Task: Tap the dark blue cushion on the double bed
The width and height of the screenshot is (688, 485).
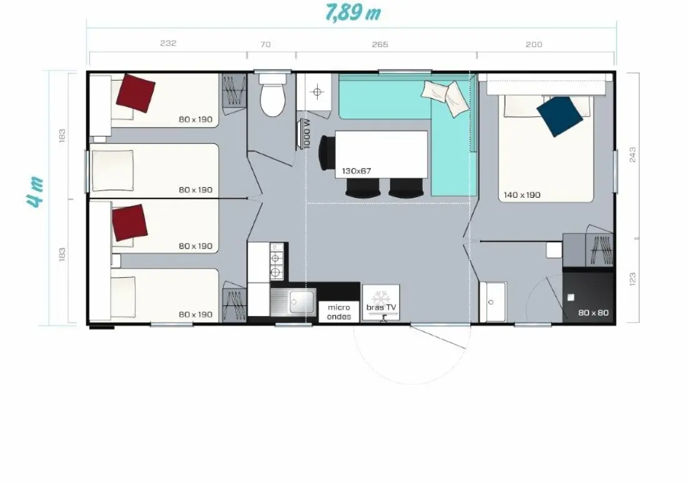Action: click(560, 116)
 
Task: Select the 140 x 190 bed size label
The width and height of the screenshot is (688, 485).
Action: click(522, 195)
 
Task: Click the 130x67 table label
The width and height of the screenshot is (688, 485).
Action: click(357, 171)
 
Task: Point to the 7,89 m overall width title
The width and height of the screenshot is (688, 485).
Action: click(353, 13)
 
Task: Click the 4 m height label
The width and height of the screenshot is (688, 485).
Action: click(35, 191)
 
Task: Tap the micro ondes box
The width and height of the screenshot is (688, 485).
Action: click(339, 312)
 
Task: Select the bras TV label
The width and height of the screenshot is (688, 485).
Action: click(381, 307)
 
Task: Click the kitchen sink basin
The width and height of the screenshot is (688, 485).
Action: click(302, 302)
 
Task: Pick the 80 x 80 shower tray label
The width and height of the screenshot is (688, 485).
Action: click(593, 312)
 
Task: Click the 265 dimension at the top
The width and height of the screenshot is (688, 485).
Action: click(380, 44)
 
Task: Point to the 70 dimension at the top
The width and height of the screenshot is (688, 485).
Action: click(265, 44)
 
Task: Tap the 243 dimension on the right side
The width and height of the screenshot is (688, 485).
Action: click(632, 155)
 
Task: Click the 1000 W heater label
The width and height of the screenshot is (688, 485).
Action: click(306, 133)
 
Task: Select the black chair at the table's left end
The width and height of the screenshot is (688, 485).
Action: click(326, 152)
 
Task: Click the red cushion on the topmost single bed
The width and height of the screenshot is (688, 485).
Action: click(136, 93)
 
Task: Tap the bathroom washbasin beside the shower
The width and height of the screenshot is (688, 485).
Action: click(493, 302)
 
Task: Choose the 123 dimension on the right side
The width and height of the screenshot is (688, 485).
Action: click(632, 279)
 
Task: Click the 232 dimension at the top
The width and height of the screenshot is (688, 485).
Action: click(168, 43)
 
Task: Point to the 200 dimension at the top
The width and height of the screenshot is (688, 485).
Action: click(534, 44)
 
